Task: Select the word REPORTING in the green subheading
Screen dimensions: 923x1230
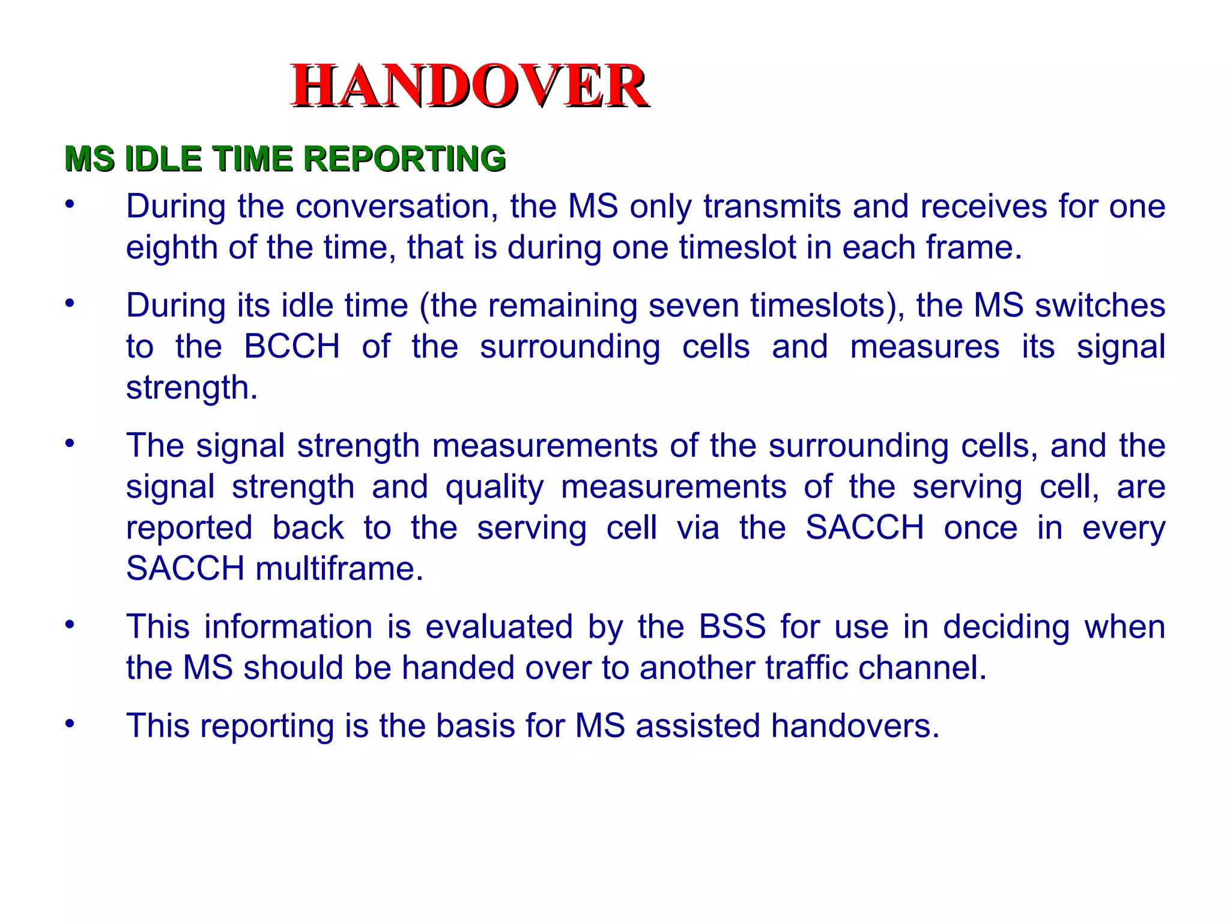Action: (x=404, y=159)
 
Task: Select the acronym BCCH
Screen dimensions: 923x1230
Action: (x=292, y=347)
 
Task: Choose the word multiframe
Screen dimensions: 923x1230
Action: (x=339, y=568)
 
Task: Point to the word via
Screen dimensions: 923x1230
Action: (x=698, y=528)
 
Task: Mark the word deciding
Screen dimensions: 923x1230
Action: (x=1006, y=627)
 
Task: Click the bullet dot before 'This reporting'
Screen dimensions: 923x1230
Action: (x=70, y=723)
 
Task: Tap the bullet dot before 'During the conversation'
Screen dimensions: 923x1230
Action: (x=70, y=204)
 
